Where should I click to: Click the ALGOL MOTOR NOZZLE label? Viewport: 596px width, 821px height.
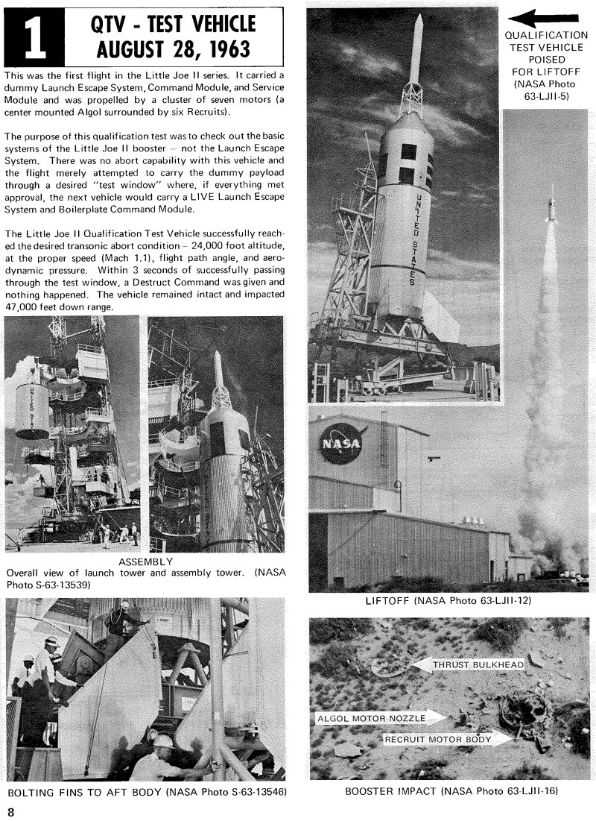[372, 718]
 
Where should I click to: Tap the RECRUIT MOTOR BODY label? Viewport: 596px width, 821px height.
[438, 739]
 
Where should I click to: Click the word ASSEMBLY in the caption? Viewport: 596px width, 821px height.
[146, 561]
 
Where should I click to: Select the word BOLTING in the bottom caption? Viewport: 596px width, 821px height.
[30, 791]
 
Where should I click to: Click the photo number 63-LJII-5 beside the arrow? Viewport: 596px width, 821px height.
[542, 95]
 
